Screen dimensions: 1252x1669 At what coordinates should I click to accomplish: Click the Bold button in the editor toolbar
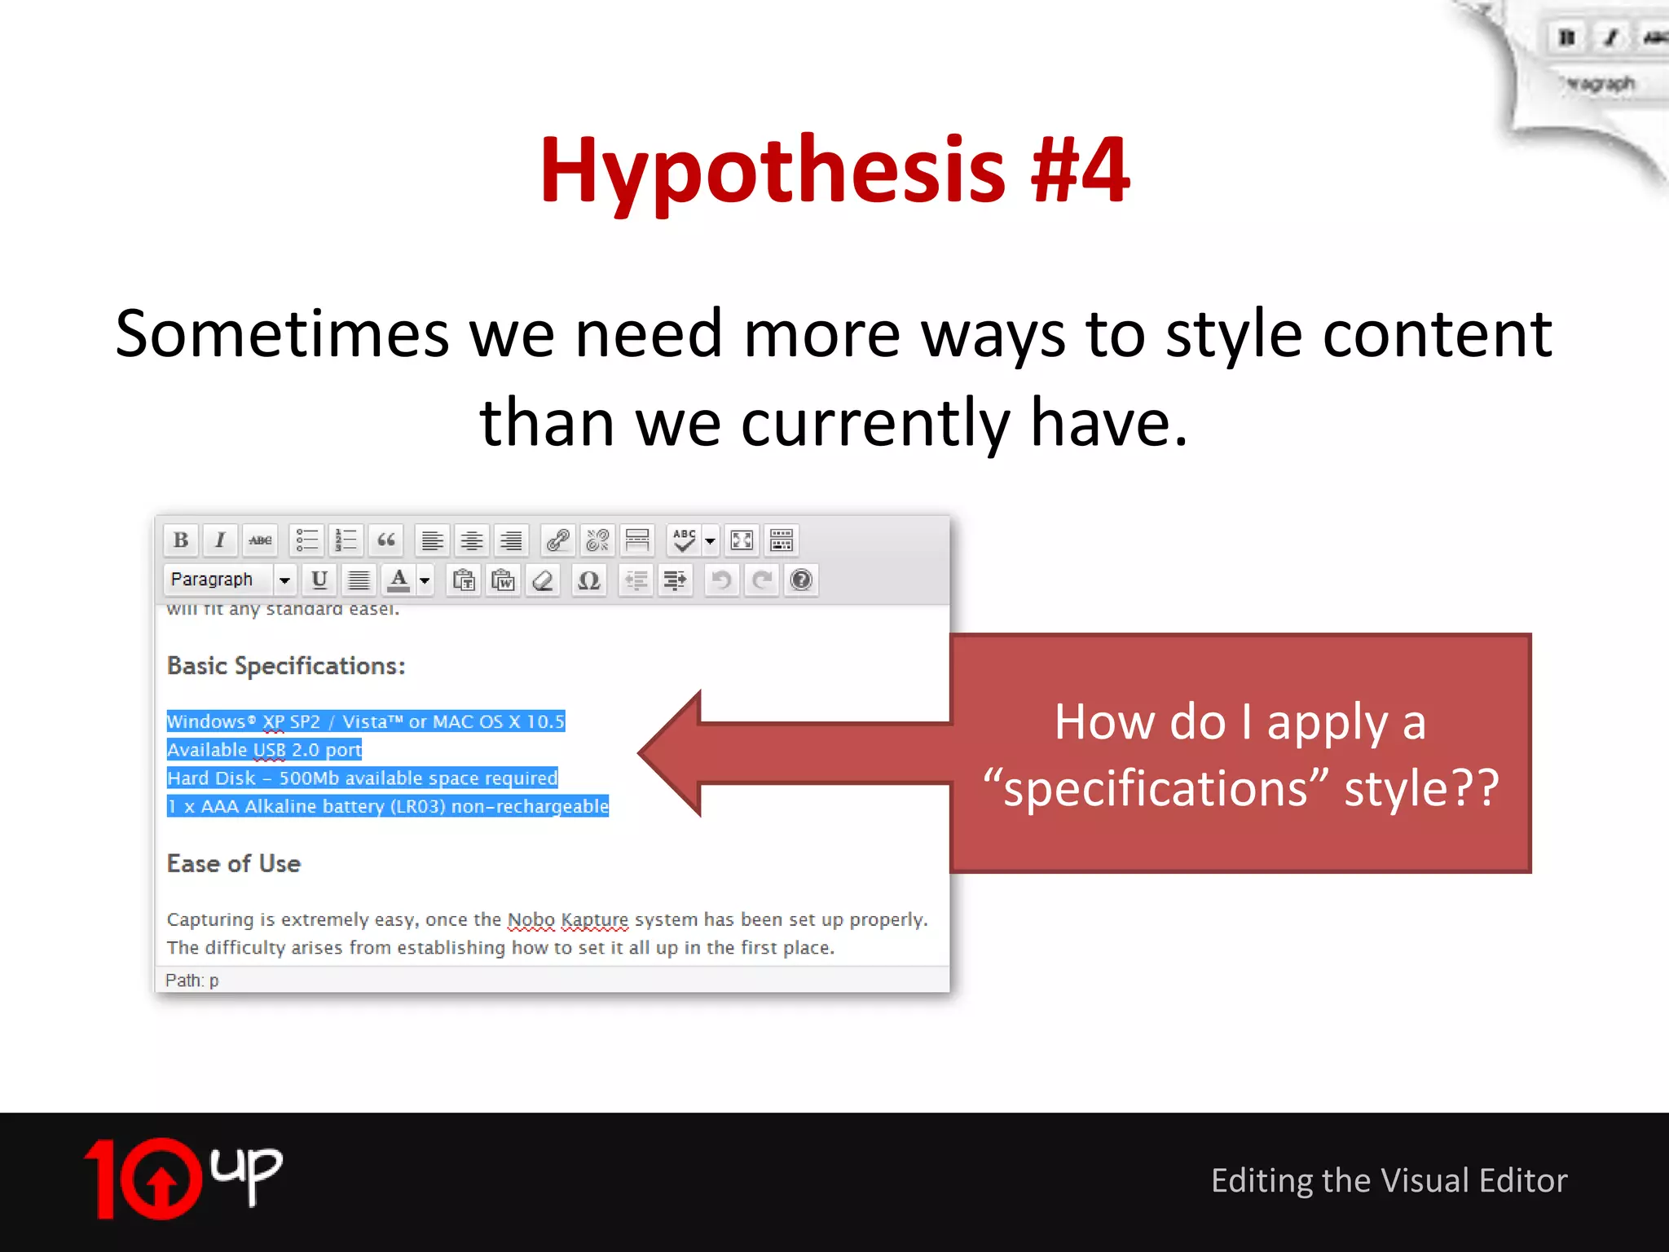pos(181,540)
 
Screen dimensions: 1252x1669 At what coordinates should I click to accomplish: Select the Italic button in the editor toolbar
pos(220,540)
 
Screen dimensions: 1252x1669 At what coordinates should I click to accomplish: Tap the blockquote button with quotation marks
pos(386,540)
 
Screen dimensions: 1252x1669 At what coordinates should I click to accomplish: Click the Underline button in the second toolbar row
pos(319,580)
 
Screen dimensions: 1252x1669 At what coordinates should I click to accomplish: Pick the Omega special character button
pos(588,580)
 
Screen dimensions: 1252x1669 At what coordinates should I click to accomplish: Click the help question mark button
pos(801,580)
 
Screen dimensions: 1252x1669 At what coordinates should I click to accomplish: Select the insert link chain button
pos(558,540)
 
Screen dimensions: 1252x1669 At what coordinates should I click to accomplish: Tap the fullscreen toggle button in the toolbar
pos(742,540)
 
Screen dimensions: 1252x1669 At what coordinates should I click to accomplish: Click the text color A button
pos(399,580)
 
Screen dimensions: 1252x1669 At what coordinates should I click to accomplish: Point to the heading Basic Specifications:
pos(286,666)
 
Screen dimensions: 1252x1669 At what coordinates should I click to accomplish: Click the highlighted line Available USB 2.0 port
pos(264,750)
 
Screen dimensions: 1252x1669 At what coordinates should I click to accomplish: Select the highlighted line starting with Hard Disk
pos(362,778)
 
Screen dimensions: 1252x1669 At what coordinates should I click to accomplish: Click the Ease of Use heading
pos(234,864)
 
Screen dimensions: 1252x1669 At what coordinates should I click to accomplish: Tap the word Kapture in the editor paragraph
pos(595,920)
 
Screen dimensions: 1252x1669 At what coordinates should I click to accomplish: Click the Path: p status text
pos(192,981)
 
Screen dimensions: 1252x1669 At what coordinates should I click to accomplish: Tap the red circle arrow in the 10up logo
pos(161,1179)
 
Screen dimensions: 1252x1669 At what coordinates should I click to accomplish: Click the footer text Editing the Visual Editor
pos(1389,1180)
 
